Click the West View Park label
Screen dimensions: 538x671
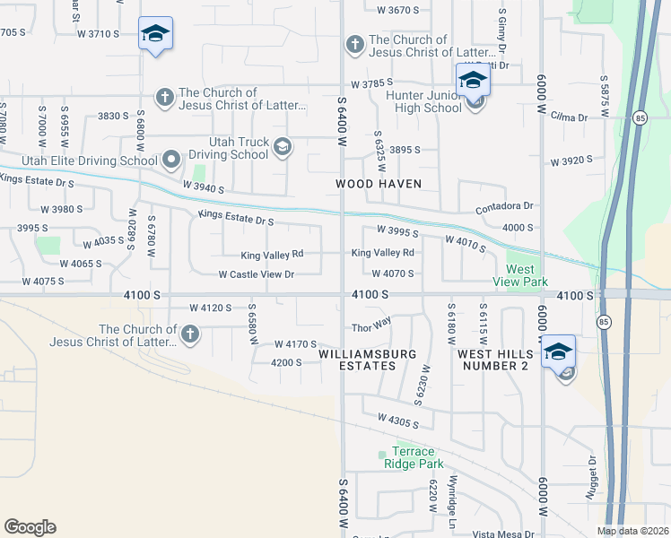pos(520,275)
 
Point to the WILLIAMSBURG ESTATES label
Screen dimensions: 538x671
pos(369,360)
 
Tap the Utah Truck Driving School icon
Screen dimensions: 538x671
pos(282,147)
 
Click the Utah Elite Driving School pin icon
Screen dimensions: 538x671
pos(172,161)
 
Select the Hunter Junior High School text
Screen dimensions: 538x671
pos(423,101)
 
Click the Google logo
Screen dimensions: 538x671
pos(30,527)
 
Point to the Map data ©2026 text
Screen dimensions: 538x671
pos(632,531)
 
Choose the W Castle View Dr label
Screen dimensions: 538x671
pos(257,274)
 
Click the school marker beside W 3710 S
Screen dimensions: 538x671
pos(155,34)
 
